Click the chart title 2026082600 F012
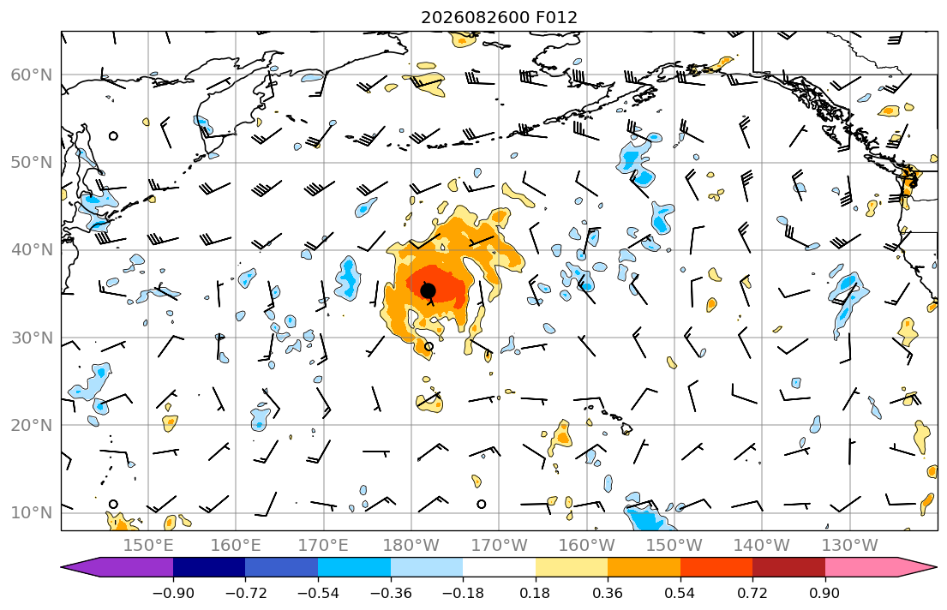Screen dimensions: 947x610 [499, 17]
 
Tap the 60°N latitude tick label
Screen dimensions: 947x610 [32, 75]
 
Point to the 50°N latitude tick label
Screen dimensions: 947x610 [32, 163]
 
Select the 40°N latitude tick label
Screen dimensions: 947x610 [32, 250]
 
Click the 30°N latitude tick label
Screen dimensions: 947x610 [32, 338]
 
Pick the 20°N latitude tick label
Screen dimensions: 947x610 [32, 425]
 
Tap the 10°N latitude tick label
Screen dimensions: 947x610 [32, 513]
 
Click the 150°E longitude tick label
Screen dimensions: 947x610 [148, 546]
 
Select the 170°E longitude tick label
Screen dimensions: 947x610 [324, 546]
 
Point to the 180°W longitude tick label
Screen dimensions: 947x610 [411, 546]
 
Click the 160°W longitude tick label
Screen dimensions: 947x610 [586, 546]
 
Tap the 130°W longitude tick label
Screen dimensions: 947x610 [850, 546]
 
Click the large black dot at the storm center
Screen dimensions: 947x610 [428, 291]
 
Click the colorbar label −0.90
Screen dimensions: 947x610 [173, 593]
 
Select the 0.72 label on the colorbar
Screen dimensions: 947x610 [752, 593]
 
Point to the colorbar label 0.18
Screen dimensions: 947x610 [535, 593]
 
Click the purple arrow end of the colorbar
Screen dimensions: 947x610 [117, 567]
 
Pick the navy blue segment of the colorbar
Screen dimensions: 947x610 [209, 567]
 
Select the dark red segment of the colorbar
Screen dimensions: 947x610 [788, 567]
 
